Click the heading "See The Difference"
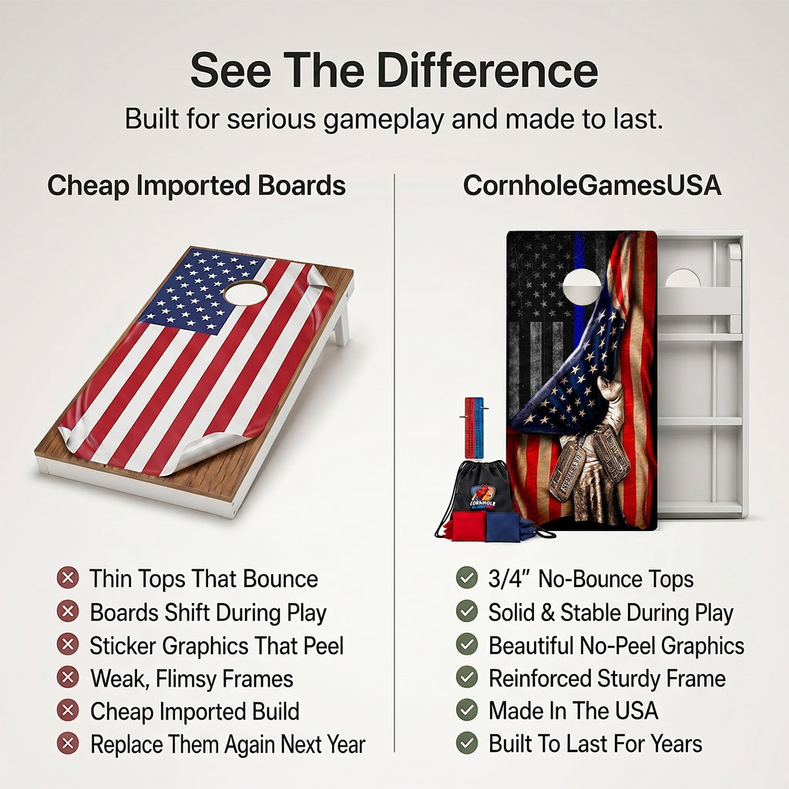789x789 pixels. [394, 70]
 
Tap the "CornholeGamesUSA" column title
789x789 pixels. [593, 185]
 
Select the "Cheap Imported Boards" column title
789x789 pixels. [196, 186]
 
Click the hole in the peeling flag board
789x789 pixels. [246, 293]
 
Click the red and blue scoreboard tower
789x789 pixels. [474, 428]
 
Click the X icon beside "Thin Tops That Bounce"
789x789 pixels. [68, 578]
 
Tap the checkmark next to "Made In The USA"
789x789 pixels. [467, 710]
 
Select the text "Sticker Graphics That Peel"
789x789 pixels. [217, 646]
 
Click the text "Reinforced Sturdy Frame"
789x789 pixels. [607, 678]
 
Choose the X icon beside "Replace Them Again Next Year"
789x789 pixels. [68, 744]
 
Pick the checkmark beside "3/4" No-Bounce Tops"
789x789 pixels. [467, 578]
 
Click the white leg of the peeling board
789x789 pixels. [341, 322]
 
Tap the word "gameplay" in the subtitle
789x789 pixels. [384, 119]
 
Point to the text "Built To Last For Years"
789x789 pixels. [596, 744]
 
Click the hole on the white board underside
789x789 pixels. [683, 277]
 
